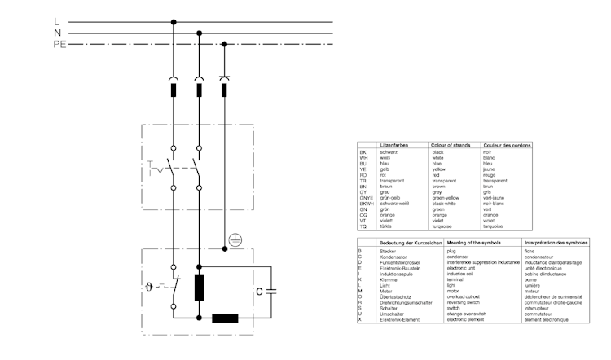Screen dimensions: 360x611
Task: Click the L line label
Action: pos(56,21)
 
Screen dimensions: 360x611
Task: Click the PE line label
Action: pos(59,44)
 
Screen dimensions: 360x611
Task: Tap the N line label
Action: pos(56,33)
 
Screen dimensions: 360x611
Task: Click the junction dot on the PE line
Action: pos(225,44)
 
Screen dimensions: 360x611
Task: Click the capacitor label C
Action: pos(259,291)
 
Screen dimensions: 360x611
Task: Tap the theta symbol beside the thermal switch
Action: pos(148,287)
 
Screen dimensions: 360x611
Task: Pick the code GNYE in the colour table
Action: pos(365,197)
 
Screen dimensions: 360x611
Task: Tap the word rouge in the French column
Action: pos(491,174)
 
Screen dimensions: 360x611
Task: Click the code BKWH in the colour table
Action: pos(365,203)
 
